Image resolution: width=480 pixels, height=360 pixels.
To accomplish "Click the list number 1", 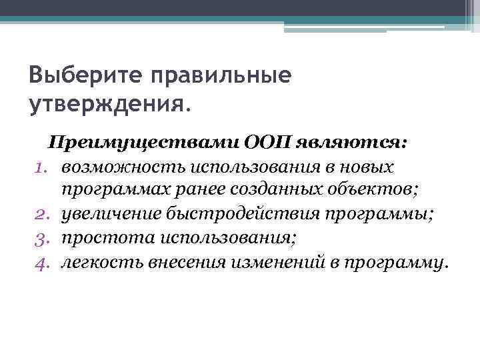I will coord(41,167).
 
